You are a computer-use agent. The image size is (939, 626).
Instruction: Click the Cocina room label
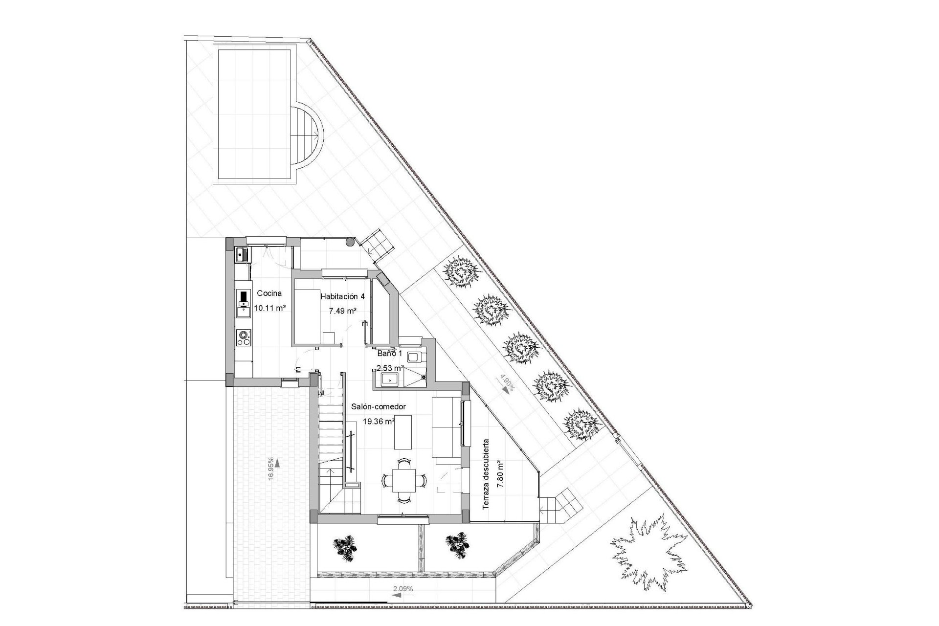[x=269, y=293]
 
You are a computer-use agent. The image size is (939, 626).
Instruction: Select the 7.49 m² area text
[x=342, y=311]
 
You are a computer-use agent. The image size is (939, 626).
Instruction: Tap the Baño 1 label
[x=389, y=353]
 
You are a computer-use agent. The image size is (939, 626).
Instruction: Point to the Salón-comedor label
[x=379, y=406]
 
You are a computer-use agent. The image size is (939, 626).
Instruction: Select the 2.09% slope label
[x=403, y=589]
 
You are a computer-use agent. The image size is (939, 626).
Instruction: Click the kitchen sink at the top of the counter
[x=242, y=254]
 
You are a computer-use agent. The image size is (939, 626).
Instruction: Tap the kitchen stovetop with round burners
[x=243, y=337]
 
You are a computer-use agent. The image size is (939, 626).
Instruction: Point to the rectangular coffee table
[x=403, y=432]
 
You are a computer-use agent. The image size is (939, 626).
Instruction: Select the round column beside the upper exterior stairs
[x=350, y=242]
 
